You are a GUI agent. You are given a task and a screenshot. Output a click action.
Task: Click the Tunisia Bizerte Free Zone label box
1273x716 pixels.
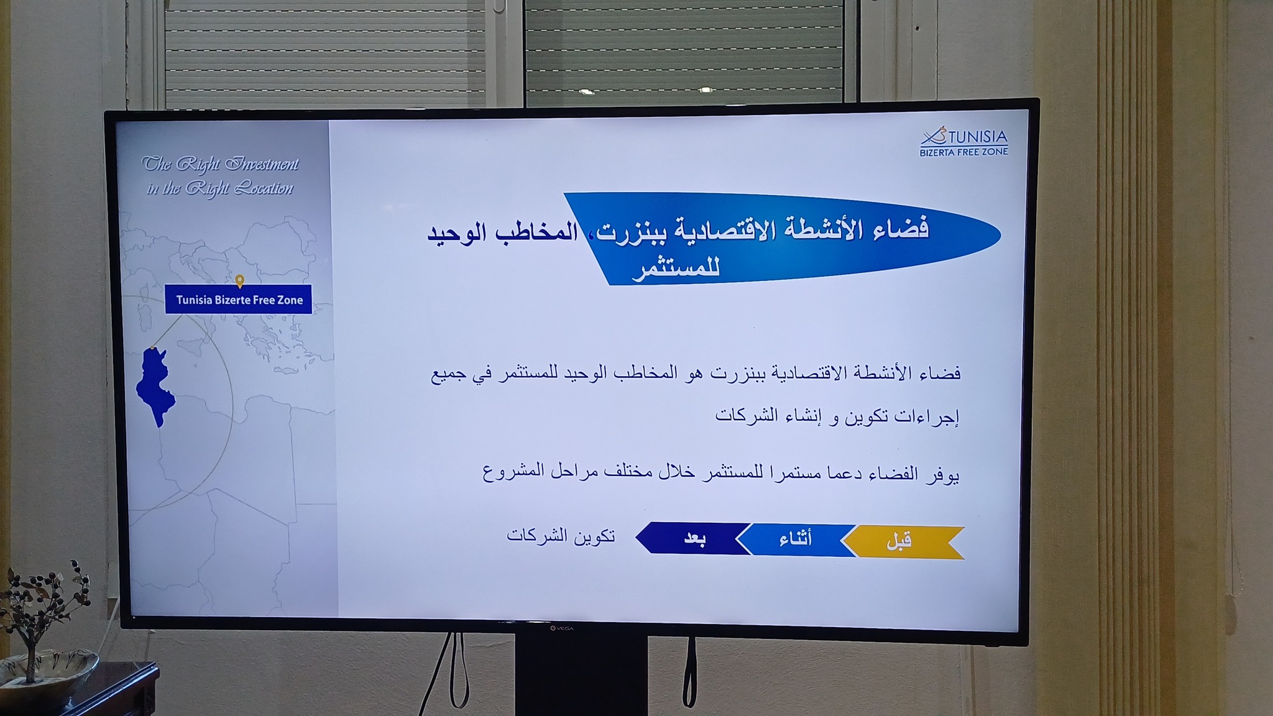pos(239,300)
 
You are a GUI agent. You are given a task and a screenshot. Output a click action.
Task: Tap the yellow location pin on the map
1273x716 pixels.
pos(240,281)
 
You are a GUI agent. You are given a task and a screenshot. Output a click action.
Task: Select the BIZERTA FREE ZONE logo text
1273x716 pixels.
pos(963,152)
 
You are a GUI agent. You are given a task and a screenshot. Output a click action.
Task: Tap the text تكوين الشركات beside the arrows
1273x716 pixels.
pos(561,535)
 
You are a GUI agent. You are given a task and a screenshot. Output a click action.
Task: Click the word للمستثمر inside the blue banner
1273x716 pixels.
pos(676,268)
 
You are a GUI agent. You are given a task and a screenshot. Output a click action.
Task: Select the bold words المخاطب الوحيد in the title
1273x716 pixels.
pos(502,233)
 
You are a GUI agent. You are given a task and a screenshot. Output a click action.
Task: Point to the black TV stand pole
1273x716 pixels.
pos(581,675)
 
